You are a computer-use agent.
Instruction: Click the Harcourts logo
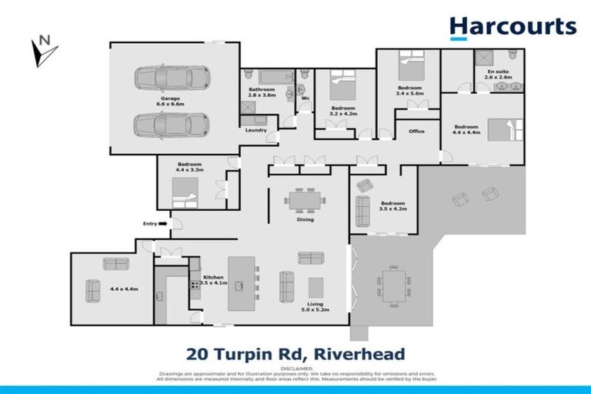513,27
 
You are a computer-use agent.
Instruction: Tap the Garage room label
170,99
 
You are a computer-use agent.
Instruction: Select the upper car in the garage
172,78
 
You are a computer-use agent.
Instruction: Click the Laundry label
255,130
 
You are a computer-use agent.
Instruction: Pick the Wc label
305,98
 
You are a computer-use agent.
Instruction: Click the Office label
416,131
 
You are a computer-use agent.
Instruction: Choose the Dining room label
306,219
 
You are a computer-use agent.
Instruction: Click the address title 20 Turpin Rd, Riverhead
295,355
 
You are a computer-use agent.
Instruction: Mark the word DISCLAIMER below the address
295,367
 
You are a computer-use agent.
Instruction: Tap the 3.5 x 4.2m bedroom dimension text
392,209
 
